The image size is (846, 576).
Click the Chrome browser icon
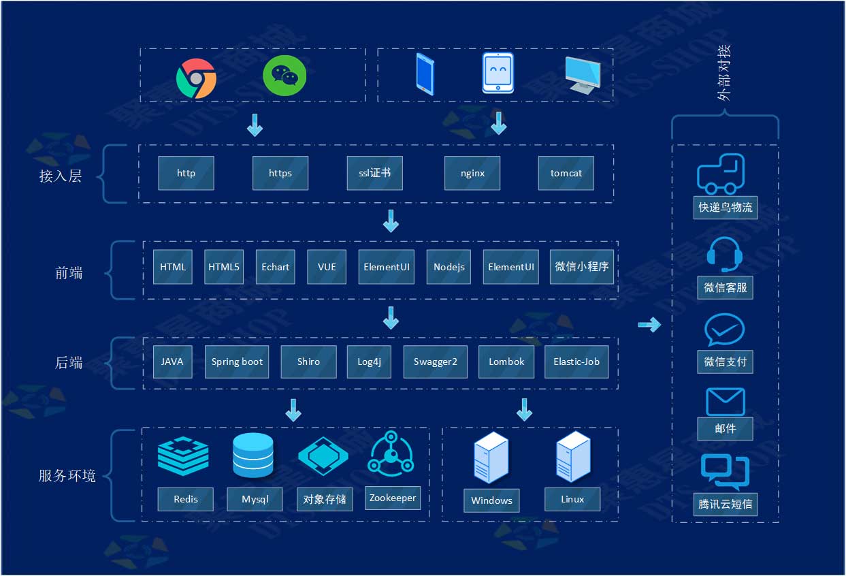(196, 78)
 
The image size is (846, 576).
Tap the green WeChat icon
(284, 76)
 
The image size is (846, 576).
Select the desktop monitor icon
(582, 75)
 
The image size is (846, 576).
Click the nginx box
(472, 173)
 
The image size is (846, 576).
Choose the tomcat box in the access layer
(566, 173)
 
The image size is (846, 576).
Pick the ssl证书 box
(374, 173)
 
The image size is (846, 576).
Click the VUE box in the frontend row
(327, 267)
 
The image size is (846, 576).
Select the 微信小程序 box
(581, 267)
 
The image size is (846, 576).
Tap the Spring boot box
(237, 362)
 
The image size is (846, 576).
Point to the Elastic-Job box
(576, 362)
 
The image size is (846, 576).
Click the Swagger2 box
(435, 362)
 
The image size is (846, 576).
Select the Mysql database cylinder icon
(253, 455)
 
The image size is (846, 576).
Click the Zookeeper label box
(392, 498)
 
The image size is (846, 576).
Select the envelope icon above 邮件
(725, 402)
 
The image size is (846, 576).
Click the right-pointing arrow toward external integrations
(649, 325)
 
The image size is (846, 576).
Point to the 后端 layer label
(69, 363)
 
